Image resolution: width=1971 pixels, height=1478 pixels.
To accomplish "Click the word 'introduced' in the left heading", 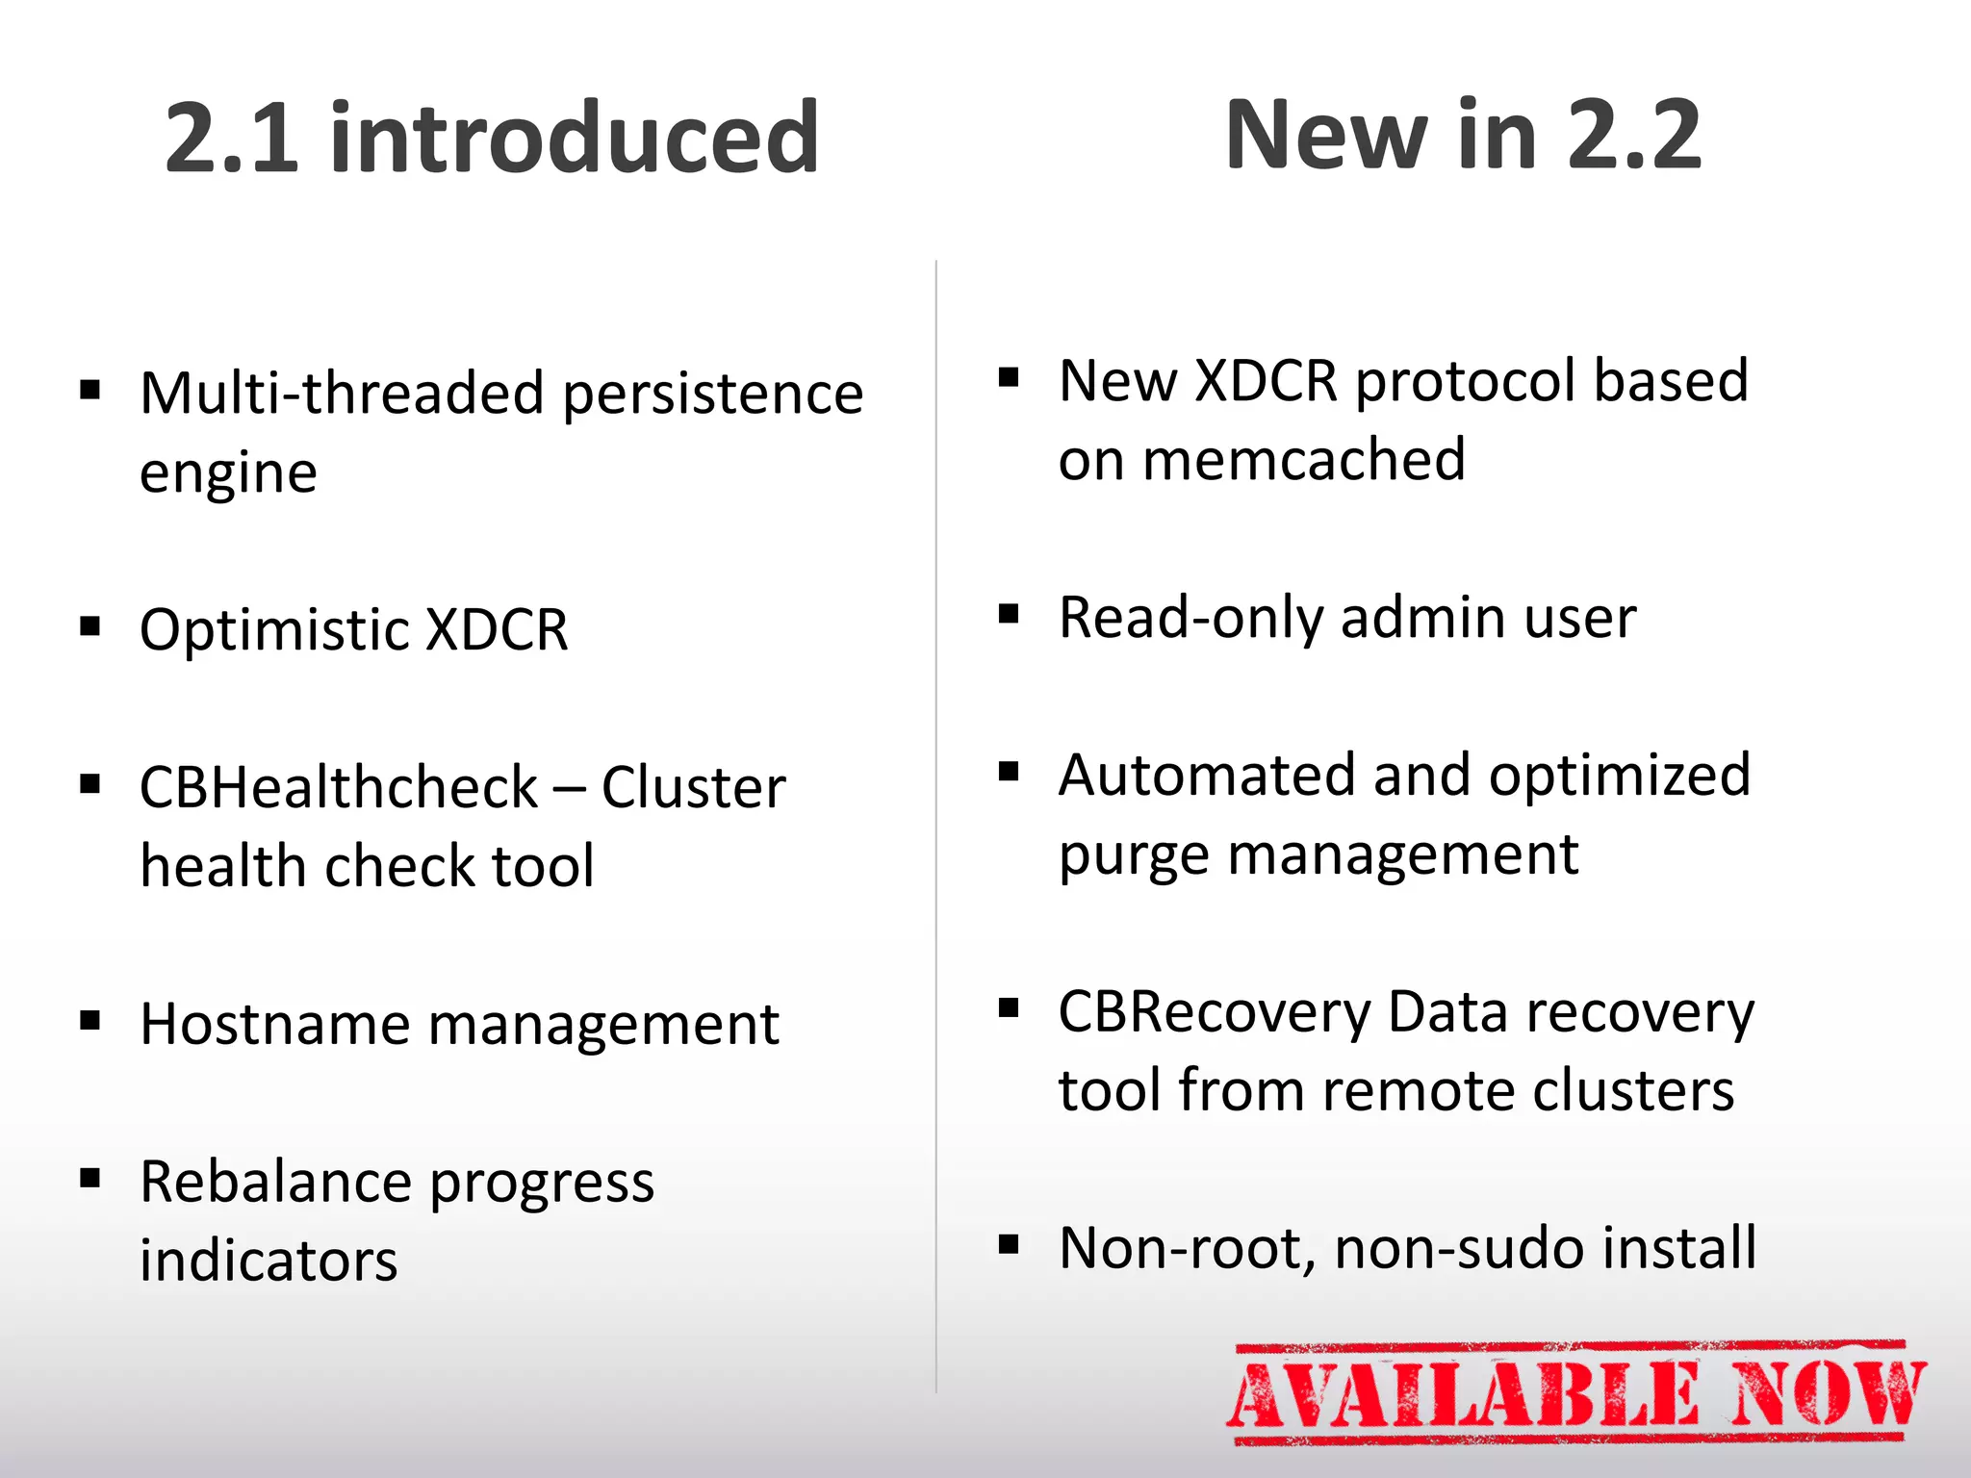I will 575,138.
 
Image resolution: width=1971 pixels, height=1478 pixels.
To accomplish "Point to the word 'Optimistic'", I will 274,630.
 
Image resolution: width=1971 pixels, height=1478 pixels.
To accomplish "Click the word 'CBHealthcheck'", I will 338,788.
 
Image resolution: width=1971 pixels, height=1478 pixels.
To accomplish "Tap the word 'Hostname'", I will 274,1024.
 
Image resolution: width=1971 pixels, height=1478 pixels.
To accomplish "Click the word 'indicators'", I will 269,1261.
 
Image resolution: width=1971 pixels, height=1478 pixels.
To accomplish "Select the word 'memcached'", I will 1304,460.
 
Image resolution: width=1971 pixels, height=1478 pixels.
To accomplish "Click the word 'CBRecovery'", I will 1215,1012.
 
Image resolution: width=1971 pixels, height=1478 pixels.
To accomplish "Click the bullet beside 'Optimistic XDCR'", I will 90,627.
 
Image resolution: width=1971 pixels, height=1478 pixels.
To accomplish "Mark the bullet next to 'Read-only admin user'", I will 1009,614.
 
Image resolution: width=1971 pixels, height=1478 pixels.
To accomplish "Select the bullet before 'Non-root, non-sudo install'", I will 1009,1244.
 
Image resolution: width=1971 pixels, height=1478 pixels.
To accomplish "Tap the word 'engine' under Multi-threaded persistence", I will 228,473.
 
